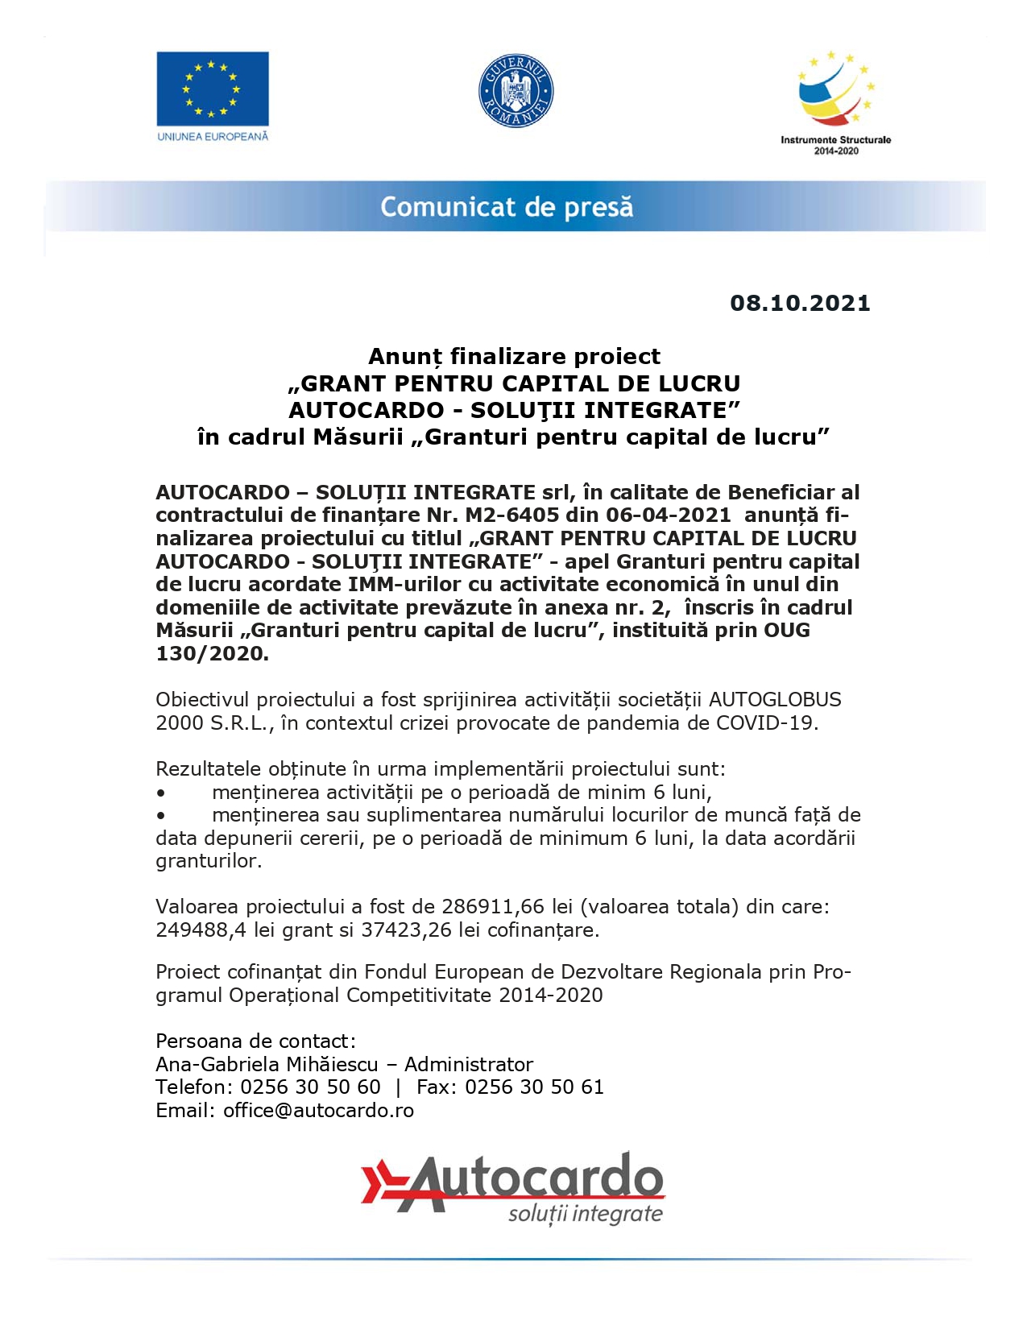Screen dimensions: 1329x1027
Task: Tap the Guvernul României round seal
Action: tap(516, 91)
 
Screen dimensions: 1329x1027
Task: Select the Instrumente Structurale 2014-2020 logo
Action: tap(835, 101)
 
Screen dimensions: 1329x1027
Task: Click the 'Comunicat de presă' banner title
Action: tap(507, 207)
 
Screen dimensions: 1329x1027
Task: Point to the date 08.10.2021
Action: tap(800, 304)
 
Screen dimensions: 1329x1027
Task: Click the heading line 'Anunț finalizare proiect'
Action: tap(514, 356)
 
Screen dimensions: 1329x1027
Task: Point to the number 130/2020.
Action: tap(211, 653)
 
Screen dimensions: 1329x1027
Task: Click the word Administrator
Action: tap(469, 1065)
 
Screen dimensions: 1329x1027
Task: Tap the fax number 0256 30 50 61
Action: tap(534, 1087)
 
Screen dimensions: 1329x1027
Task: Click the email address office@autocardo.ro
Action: tap(318, 1111)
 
